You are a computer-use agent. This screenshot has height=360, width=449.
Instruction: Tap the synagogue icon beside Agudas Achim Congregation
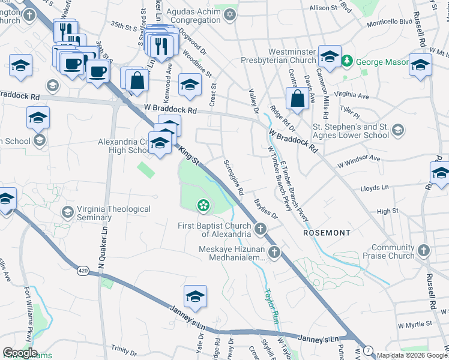(x=229, y=14)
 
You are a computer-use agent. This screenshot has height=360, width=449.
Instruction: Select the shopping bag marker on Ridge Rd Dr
(x=298, y=98)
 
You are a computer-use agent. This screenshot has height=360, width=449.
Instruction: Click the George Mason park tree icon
(x=347, y=61)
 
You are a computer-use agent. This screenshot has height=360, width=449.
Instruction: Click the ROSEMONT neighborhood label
(x=327, y=232)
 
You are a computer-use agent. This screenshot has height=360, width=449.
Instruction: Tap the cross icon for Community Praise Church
(x=423, y=250)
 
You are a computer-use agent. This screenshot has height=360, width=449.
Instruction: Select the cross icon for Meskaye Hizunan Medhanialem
(x=274, y=252)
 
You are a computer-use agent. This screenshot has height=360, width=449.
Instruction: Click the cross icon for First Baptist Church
(x=260, y=229)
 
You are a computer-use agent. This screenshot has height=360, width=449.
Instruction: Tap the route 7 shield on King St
(x=367, y=350)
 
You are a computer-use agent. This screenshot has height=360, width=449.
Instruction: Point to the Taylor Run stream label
(x=271, y=305)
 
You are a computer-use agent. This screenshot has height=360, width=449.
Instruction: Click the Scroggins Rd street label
(x=234, y=177)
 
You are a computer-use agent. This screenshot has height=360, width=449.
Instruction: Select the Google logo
(x=20, y=353)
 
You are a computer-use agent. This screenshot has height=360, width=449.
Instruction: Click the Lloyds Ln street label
(x=375, y=188)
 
